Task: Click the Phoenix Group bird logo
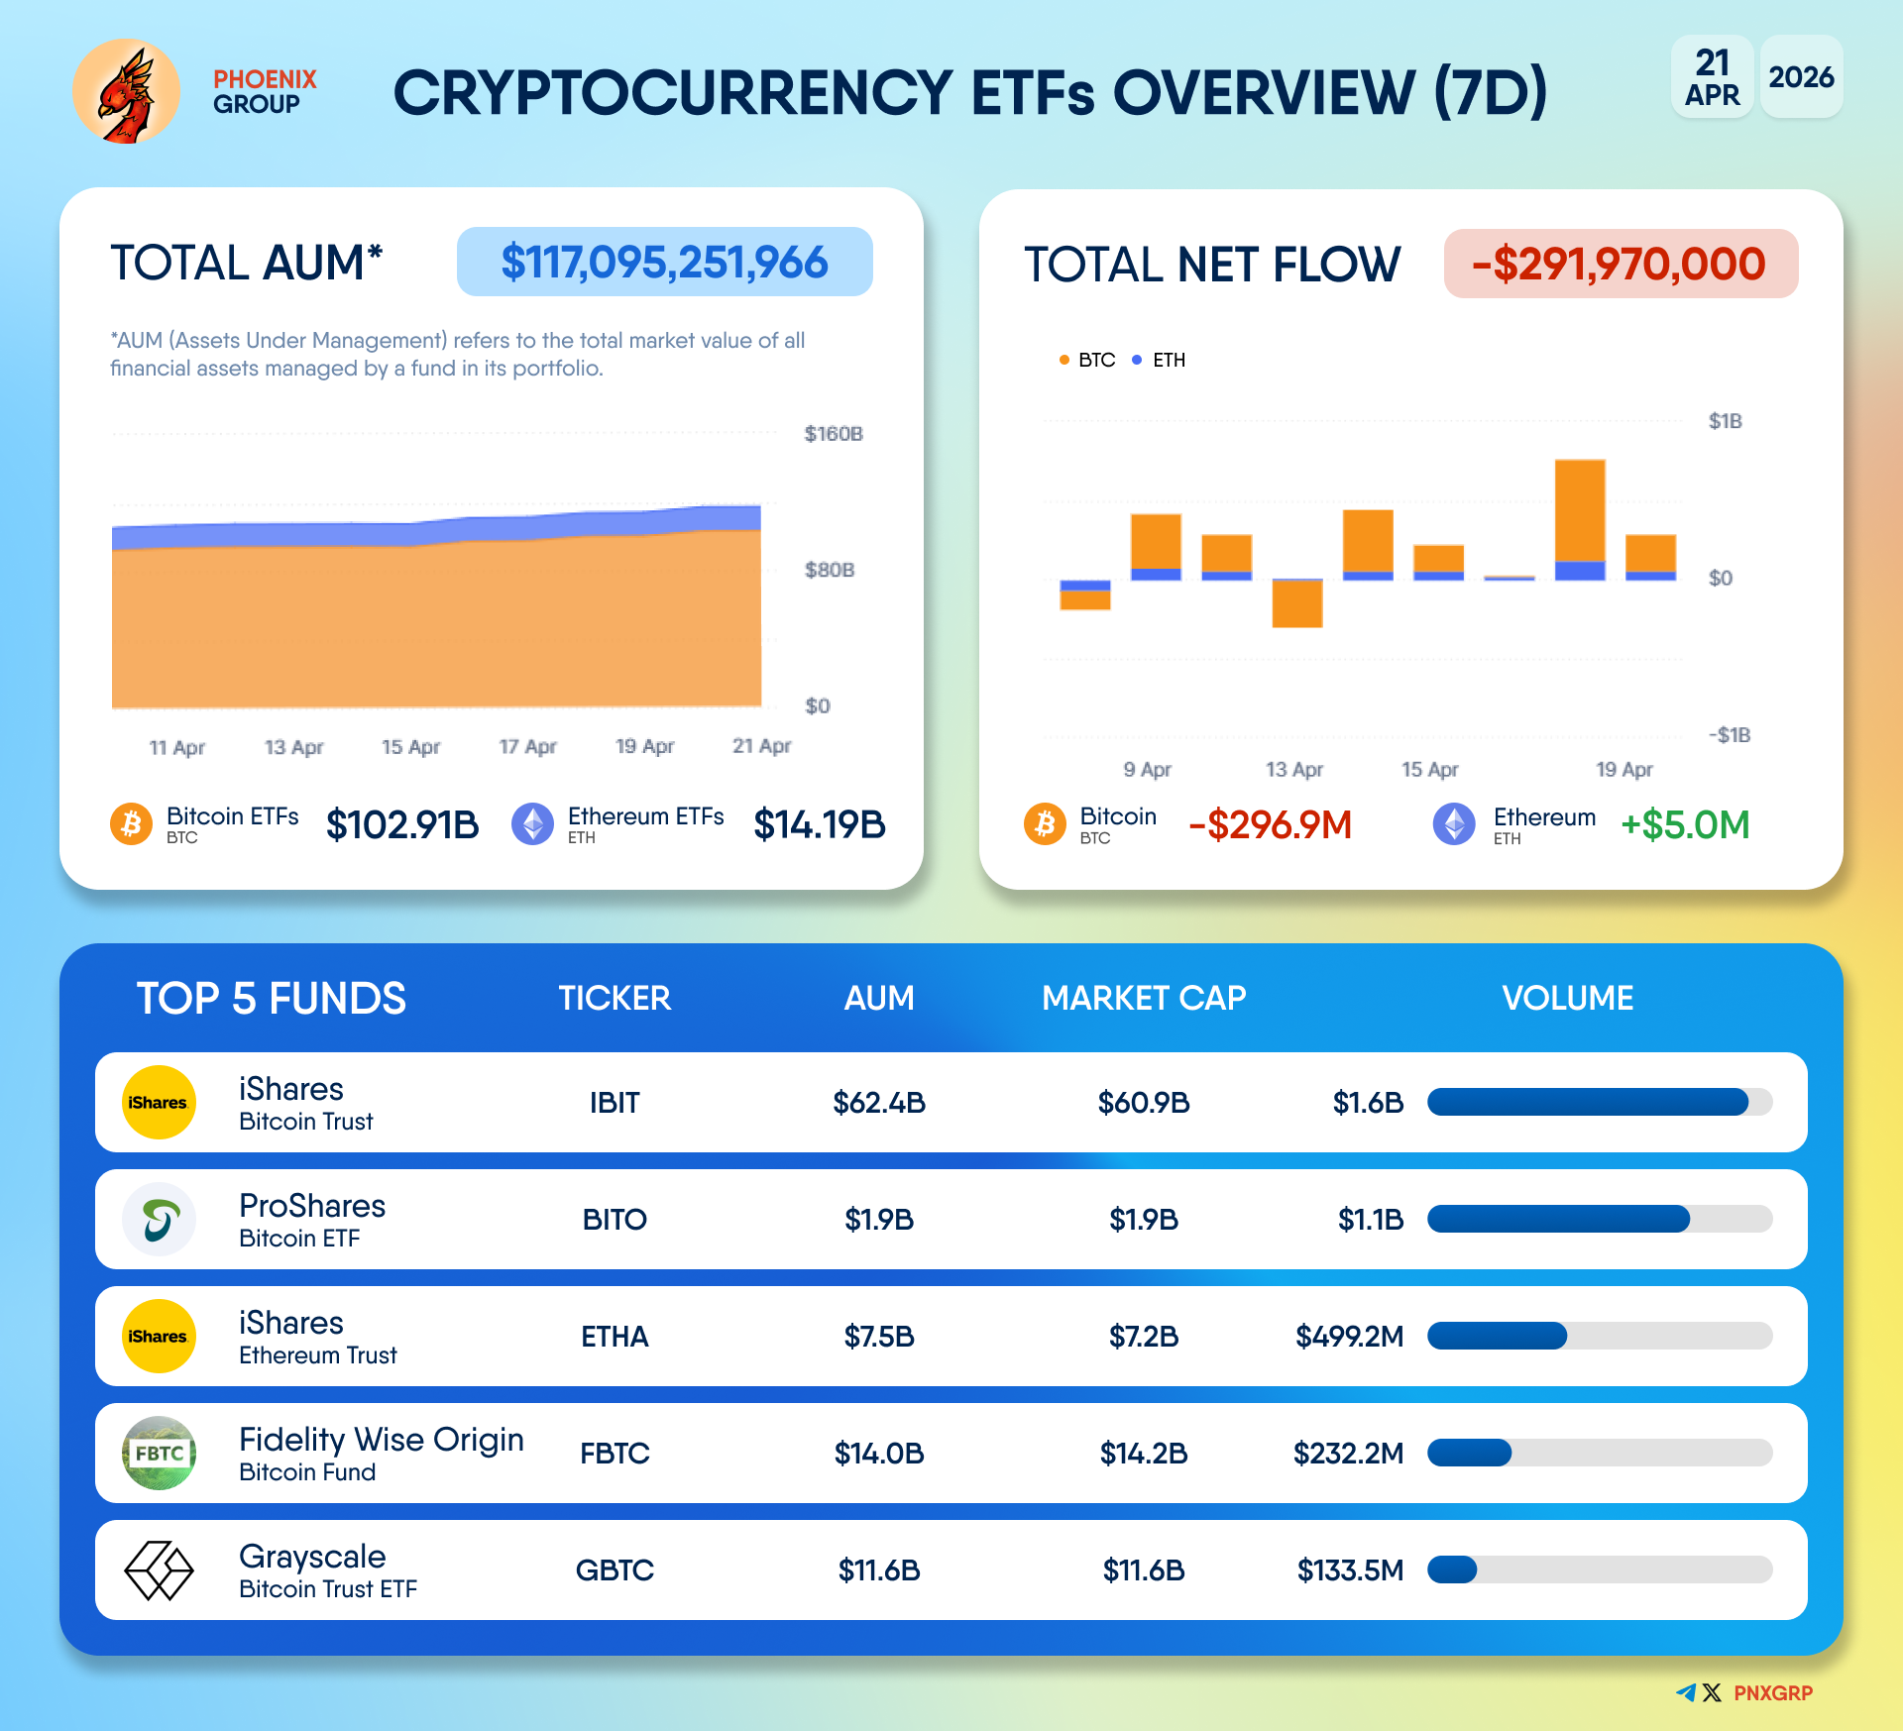(126, 92)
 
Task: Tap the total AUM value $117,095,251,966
(664, 263)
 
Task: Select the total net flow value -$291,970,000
(1620, 265)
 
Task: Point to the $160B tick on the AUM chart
(833, 434)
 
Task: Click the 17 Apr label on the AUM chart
(527, 747)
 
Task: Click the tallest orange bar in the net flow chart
(1580, 510)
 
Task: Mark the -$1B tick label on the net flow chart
(1729, 735)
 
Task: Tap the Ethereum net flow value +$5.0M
(1685, 824)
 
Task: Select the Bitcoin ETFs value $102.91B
(401, 824)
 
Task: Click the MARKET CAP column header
(1144, 998)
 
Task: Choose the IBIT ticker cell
(615, 1103)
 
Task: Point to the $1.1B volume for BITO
(1371, 1220)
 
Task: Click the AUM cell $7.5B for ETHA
(879, 1337)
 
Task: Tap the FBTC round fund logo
(159, 1454)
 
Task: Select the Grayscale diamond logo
(159, 1570)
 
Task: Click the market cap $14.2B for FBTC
(1144, 1454)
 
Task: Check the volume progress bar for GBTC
(1599, 1570)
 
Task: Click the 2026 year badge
(1801, 77)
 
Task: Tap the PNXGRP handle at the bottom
(1772, 1693)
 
